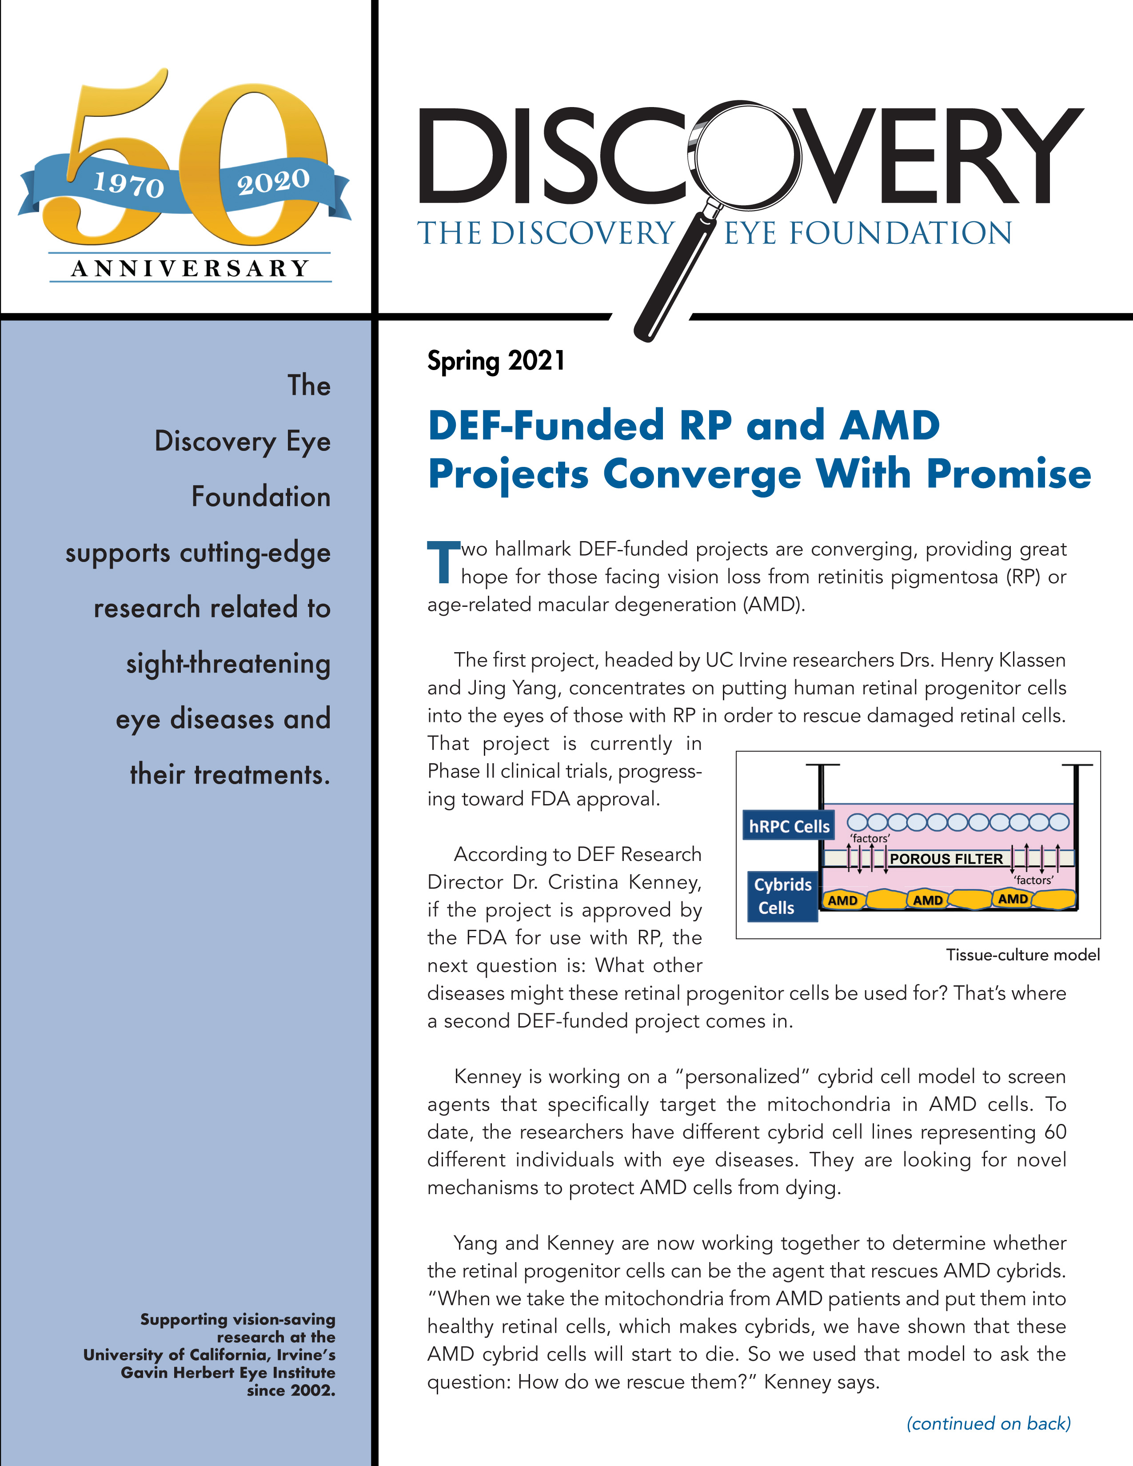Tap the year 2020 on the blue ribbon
point(273,181)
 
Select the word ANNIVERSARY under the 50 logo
point(190,268)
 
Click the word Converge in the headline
point(702,474)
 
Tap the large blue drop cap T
point(443,562)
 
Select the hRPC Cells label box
point(789,826)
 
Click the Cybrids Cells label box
point(782,896)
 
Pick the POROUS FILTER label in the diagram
point(946,859)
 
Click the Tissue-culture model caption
point(1022,955)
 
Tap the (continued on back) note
point(988,1423)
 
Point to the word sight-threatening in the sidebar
point(228,664)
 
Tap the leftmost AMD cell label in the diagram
point(842,900)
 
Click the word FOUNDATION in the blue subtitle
point(900,234)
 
